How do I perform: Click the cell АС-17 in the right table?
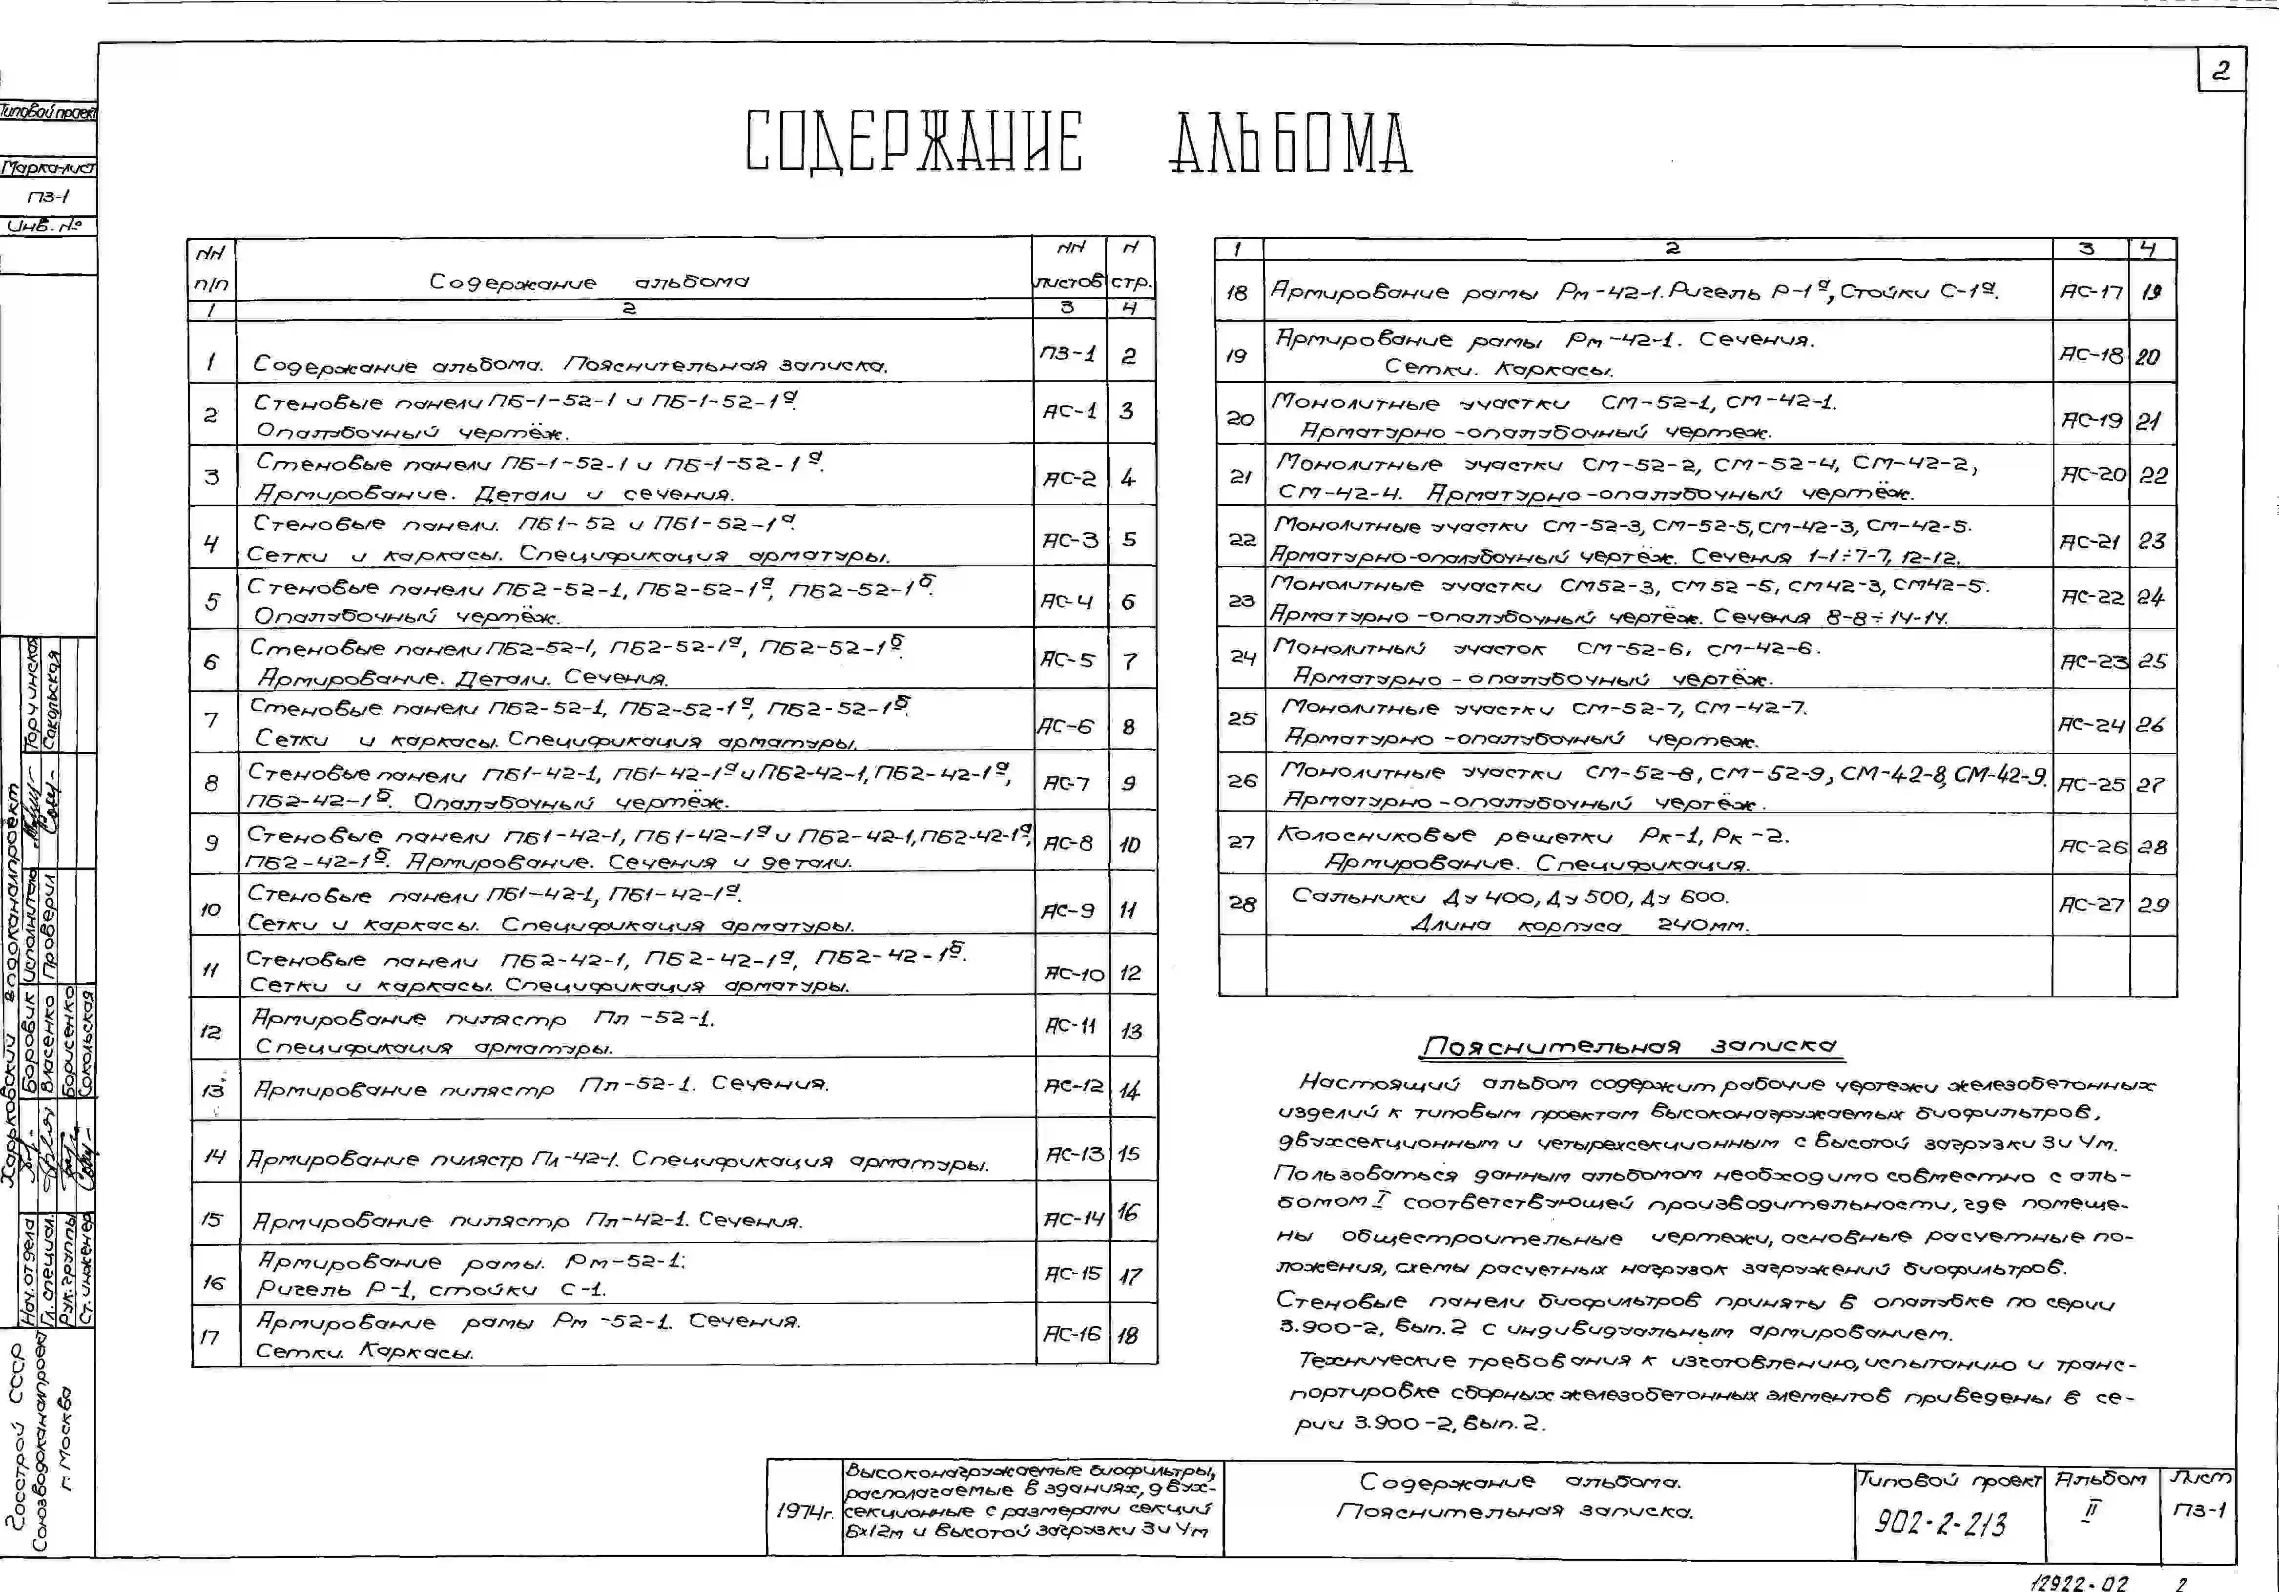[2091, 292]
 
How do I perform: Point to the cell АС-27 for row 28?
[2091, 904]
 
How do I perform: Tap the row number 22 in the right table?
[1242, 539]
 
